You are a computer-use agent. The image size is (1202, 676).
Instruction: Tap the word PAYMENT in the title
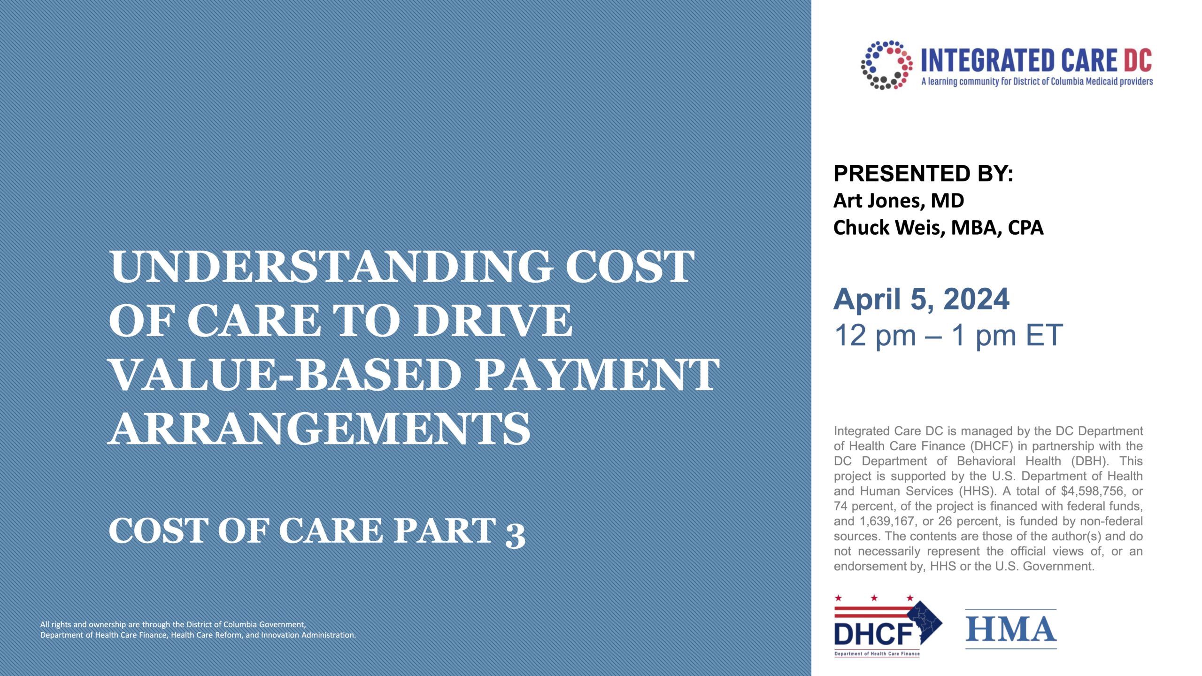click(x=597, y=375)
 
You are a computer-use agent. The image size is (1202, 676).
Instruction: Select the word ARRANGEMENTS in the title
click(x=319, y=429)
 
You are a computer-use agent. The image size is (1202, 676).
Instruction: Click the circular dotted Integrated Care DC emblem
click(x=886, y=65)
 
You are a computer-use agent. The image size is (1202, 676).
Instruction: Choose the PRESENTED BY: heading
click(x=923, y=174)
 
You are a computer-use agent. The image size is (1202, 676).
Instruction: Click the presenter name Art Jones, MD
click(x=899, y=201)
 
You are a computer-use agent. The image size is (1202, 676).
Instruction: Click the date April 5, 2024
click(x=921, y=299)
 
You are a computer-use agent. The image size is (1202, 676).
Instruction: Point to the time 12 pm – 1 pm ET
click(x=948, y=335)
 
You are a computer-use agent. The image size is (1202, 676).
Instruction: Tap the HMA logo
click(x=1011, y=629)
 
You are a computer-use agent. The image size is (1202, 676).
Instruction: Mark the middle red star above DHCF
click(x=874, y=598)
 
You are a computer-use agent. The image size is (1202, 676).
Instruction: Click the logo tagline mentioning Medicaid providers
click(x=1037, y=82)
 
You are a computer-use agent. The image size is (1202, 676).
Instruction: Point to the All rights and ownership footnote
click(x=198, y=630)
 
